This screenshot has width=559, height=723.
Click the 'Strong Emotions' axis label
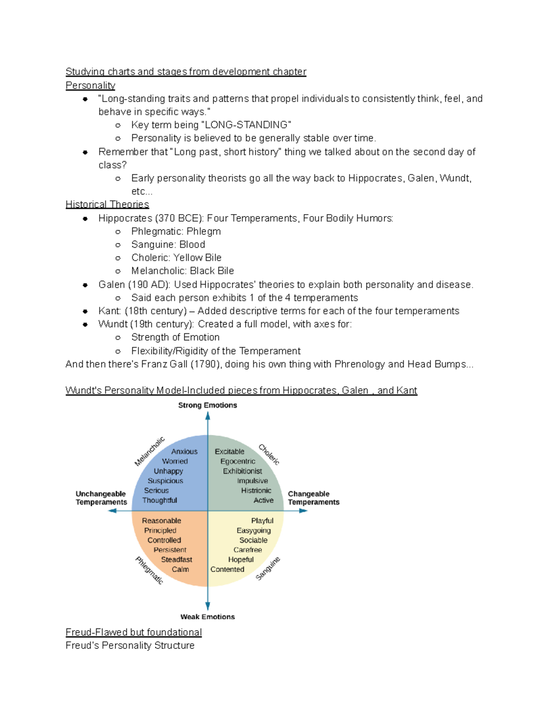pos(207,405)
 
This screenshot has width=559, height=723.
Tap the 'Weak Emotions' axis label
pos(207,617)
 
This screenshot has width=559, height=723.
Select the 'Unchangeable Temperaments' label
pos(101,498)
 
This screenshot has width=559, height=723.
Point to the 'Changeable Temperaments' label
pos(314,498)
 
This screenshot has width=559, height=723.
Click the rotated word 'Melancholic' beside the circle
pos(150,451)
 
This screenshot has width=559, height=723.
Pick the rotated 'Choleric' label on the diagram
pos(269,454)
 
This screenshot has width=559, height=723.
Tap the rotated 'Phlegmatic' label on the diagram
pos(149,570)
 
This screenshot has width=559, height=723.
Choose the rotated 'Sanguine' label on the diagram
pos(268,568)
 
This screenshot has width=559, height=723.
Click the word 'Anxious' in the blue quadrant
pos(184,452)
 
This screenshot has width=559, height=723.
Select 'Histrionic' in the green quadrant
pos(256,491)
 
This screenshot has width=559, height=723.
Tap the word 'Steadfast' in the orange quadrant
pos(177,560)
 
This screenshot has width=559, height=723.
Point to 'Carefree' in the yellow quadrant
pos(247,550)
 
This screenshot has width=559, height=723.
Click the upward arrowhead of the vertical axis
pos(208,416)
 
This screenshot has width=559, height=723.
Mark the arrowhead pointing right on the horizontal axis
pos(304,511)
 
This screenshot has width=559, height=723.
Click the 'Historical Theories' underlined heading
pos(107,204)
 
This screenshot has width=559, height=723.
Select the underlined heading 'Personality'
pos(90,86)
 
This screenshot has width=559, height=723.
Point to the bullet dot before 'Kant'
pos(85,311)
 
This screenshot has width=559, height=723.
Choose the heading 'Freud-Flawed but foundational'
pos(134,632)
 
